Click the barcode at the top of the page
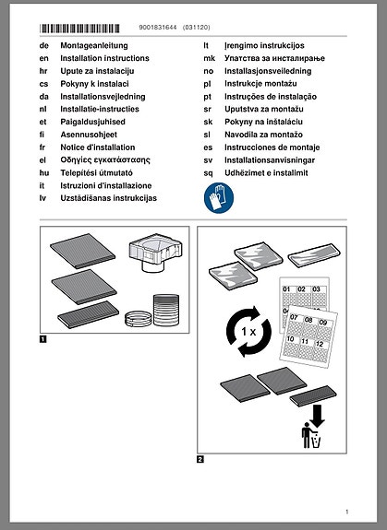coord(79,28)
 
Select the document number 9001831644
coord(158,28)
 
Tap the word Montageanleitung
coord(94,46)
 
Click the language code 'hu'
coord(44,172)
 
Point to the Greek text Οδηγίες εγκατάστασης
coord(105,159)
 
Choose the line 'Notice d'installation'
coord(98,147)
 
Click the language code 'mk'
coord(210,58)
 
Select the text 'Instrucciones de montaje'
coord(272,147)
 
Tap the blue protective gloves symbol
coord(219,198)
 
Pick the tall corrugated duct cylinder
coord(166,310)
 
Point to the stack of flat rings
coord(139,319)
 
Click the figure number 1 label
coord(43,339)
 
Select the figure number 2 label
coord(200,459)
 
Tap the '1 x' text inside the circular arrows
coord(248,332)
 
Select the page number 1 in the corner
coord(346,512)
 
